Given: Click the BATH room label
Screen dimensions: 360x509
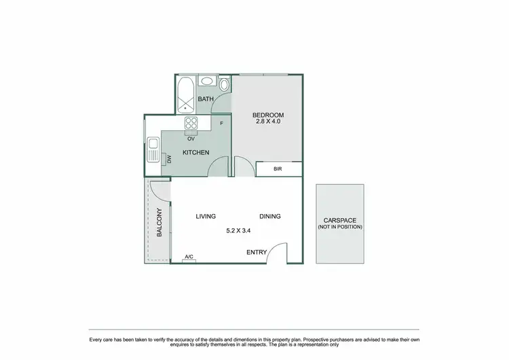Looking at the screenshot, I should (206, 100).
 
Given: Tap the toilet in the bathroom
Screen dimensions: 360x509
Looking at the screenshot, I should (224, 84).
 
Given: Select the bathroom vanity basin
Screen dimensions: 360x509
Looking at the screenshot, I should (207, 82).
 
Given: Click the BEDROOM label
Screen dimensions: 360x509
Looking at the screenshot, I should (267, 114).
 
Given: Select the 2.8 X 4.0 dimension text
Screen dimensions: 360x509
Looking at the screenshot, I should (267, 122).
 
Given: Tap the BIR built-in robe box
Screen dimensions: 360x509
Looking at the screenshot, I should (278, 169).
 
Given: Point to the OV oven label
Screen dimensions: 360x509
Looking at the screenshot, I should (191, 139).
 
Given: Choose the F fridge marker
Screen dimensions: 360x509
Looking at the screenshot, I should (221, 124).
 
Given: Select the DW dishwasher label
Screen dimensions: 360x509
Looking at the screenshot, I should (169, 159).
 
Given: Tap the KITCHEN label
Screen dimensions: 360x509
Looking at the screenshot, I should (195, 152).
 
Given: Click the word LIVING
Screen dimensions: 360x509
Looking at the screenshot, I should (206, 217).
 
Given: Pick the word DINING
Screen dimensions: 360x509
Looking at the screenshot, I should (269, 217).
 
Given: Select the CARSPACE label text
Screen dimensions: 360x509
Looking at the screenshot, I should (340, 221).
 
